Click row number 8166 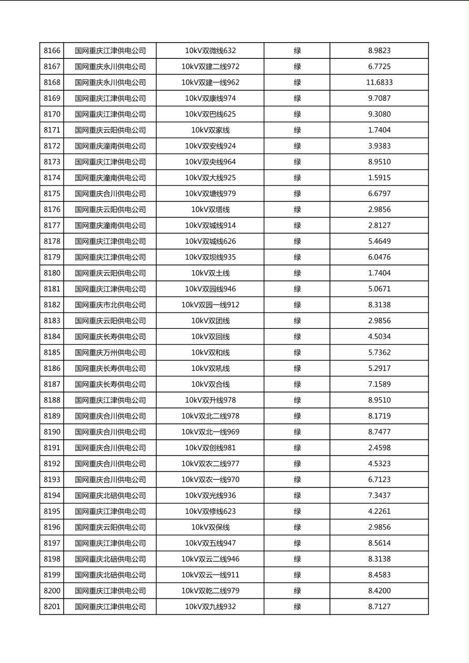(52, 51)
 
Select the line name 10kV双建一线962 (210, 82)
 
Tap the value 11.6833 (379, 82)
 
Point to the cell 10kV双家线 (210, 130)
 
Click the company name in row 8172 (110, 146)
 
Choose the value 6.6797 (379, 194)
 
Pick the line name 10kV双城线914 (210, 225)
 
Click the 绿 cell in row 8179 (297, 257)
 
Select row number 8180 (52, 273)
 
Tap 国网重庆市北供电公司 (110, 305)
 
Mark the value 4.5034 (379, 337)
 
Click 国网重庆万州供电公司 (110, 353)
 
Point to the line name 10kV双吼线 (210, 368)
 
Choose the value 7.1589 (379, 384)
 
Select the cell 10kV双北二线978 (210, 416)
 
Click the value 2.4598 (379, 448)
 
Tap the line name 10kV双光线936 (210, 495)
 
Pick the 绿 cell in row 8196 (297, 527)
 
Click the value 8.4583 (379, 575)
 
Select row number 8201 (52, 607)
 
